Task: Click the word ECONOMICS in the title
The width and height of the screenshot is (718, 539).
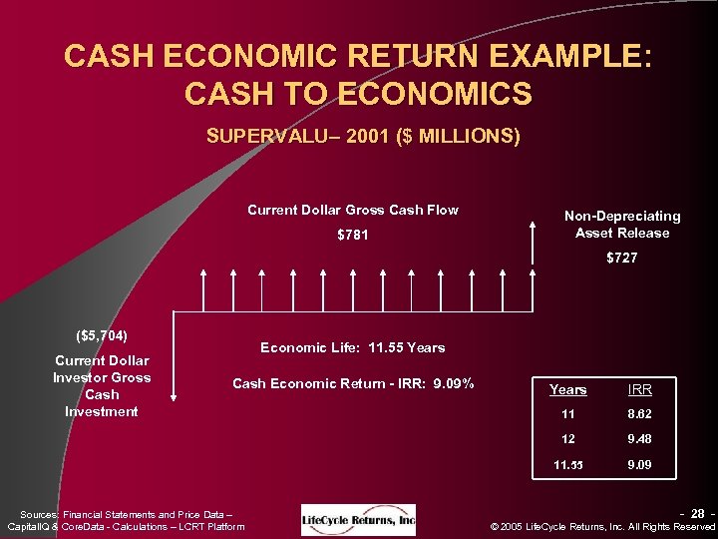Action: [x=435, y=94]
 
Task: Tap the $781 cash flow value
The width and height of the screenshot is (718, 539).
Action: [x=352, y=236]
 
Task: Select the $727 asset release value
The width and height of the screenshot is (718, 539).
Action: [x=621, y=259]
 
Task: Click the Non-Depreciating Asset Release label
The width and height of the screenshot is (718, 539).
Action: [x=622, y=225]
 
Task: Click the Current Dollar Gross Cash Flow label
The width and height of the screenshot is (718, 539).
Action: [x=352, y=210]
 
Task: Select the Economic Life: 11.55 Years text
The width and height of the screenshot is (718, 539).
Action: [x=352, y=347]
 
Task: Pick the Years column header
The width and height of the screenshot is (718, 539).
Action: [x=568, y=389]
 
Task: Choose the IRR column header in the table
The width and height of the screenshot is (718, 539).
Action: [x=639, y=389]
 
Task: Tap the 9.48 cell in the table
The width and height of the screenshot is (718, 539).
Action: [x=639, y=440]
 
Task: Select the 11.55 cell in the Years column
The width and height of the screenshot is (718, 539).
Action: [x=568, y=465]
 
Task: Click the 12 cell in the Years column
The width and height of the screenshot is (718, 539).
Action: [x=568, y=440]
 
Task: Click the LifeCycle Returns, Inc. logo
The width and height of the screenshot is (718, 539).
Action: [x=358, y=519]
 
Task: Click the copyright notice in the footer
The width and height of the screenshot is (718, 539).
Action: [x=604, y=526]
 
